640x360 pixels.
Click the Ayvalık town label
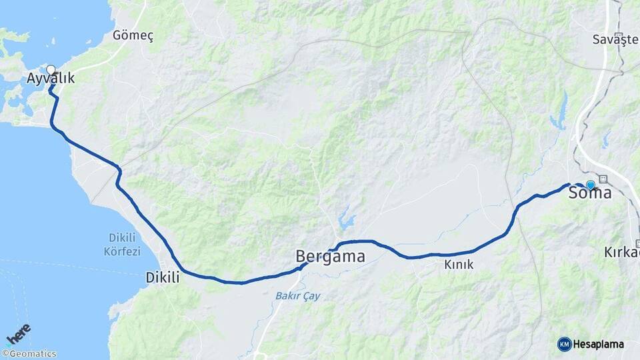(x=51, y=79)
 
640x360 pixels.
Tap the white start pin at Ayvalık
(x=51, y=69)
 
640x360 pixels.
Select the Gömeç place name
(x=133, y=36)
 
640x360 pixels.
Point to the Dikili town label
(x=163, y=278)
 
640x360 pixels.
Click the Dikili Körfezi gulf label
(x=123, y=245)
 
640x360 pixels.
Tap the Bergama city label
(x=330, y=256)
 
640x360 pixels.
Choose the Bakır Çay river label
(x=297, y=295)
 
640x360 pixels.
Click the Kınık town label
(x=459, y=265)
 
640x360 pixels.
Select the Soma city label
(x=590, y=193)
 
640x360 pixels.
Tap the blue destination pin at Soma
(x=590, y=184)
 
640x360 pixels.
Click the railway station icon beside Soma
(x=603, y=179)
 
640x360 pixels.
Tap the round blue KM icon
(x=564, y=344)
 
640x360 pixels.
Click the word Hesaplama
(x=598, y=344)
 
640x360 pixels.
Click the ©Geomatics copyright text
(x=29, y=354)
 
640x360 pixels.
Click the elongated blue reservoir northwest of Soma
(x=559, y=113)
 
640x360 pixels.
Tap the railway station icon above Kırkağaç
(x=638, y=243)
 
